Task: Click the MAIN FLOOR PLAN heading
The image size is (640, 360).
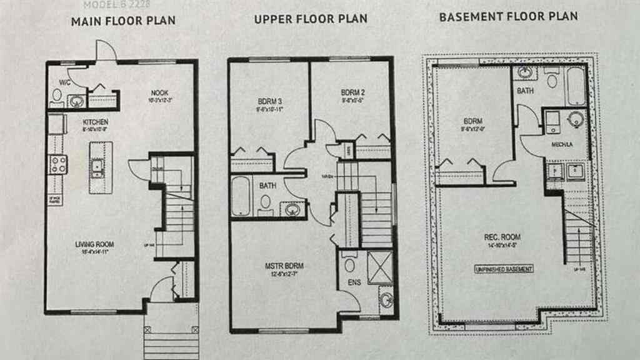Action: tap(123, 21)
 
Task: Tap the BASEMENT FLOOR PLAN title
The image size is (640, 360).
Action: tap(508, 17)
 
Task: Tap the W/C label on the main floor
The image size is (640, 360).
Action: tap(64, 82)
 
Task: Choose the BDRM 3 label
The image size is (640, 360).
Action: tap(270, 101)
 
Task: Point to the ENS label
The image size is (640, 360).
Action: tap(354, 283)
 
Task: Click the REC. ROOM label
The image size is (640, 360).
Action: tap(502, 237)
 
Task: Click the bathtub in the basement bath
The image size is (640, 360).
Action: tap(576, 86)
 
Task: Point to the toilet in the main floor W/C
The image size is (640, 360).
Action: tap(57, 96)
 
